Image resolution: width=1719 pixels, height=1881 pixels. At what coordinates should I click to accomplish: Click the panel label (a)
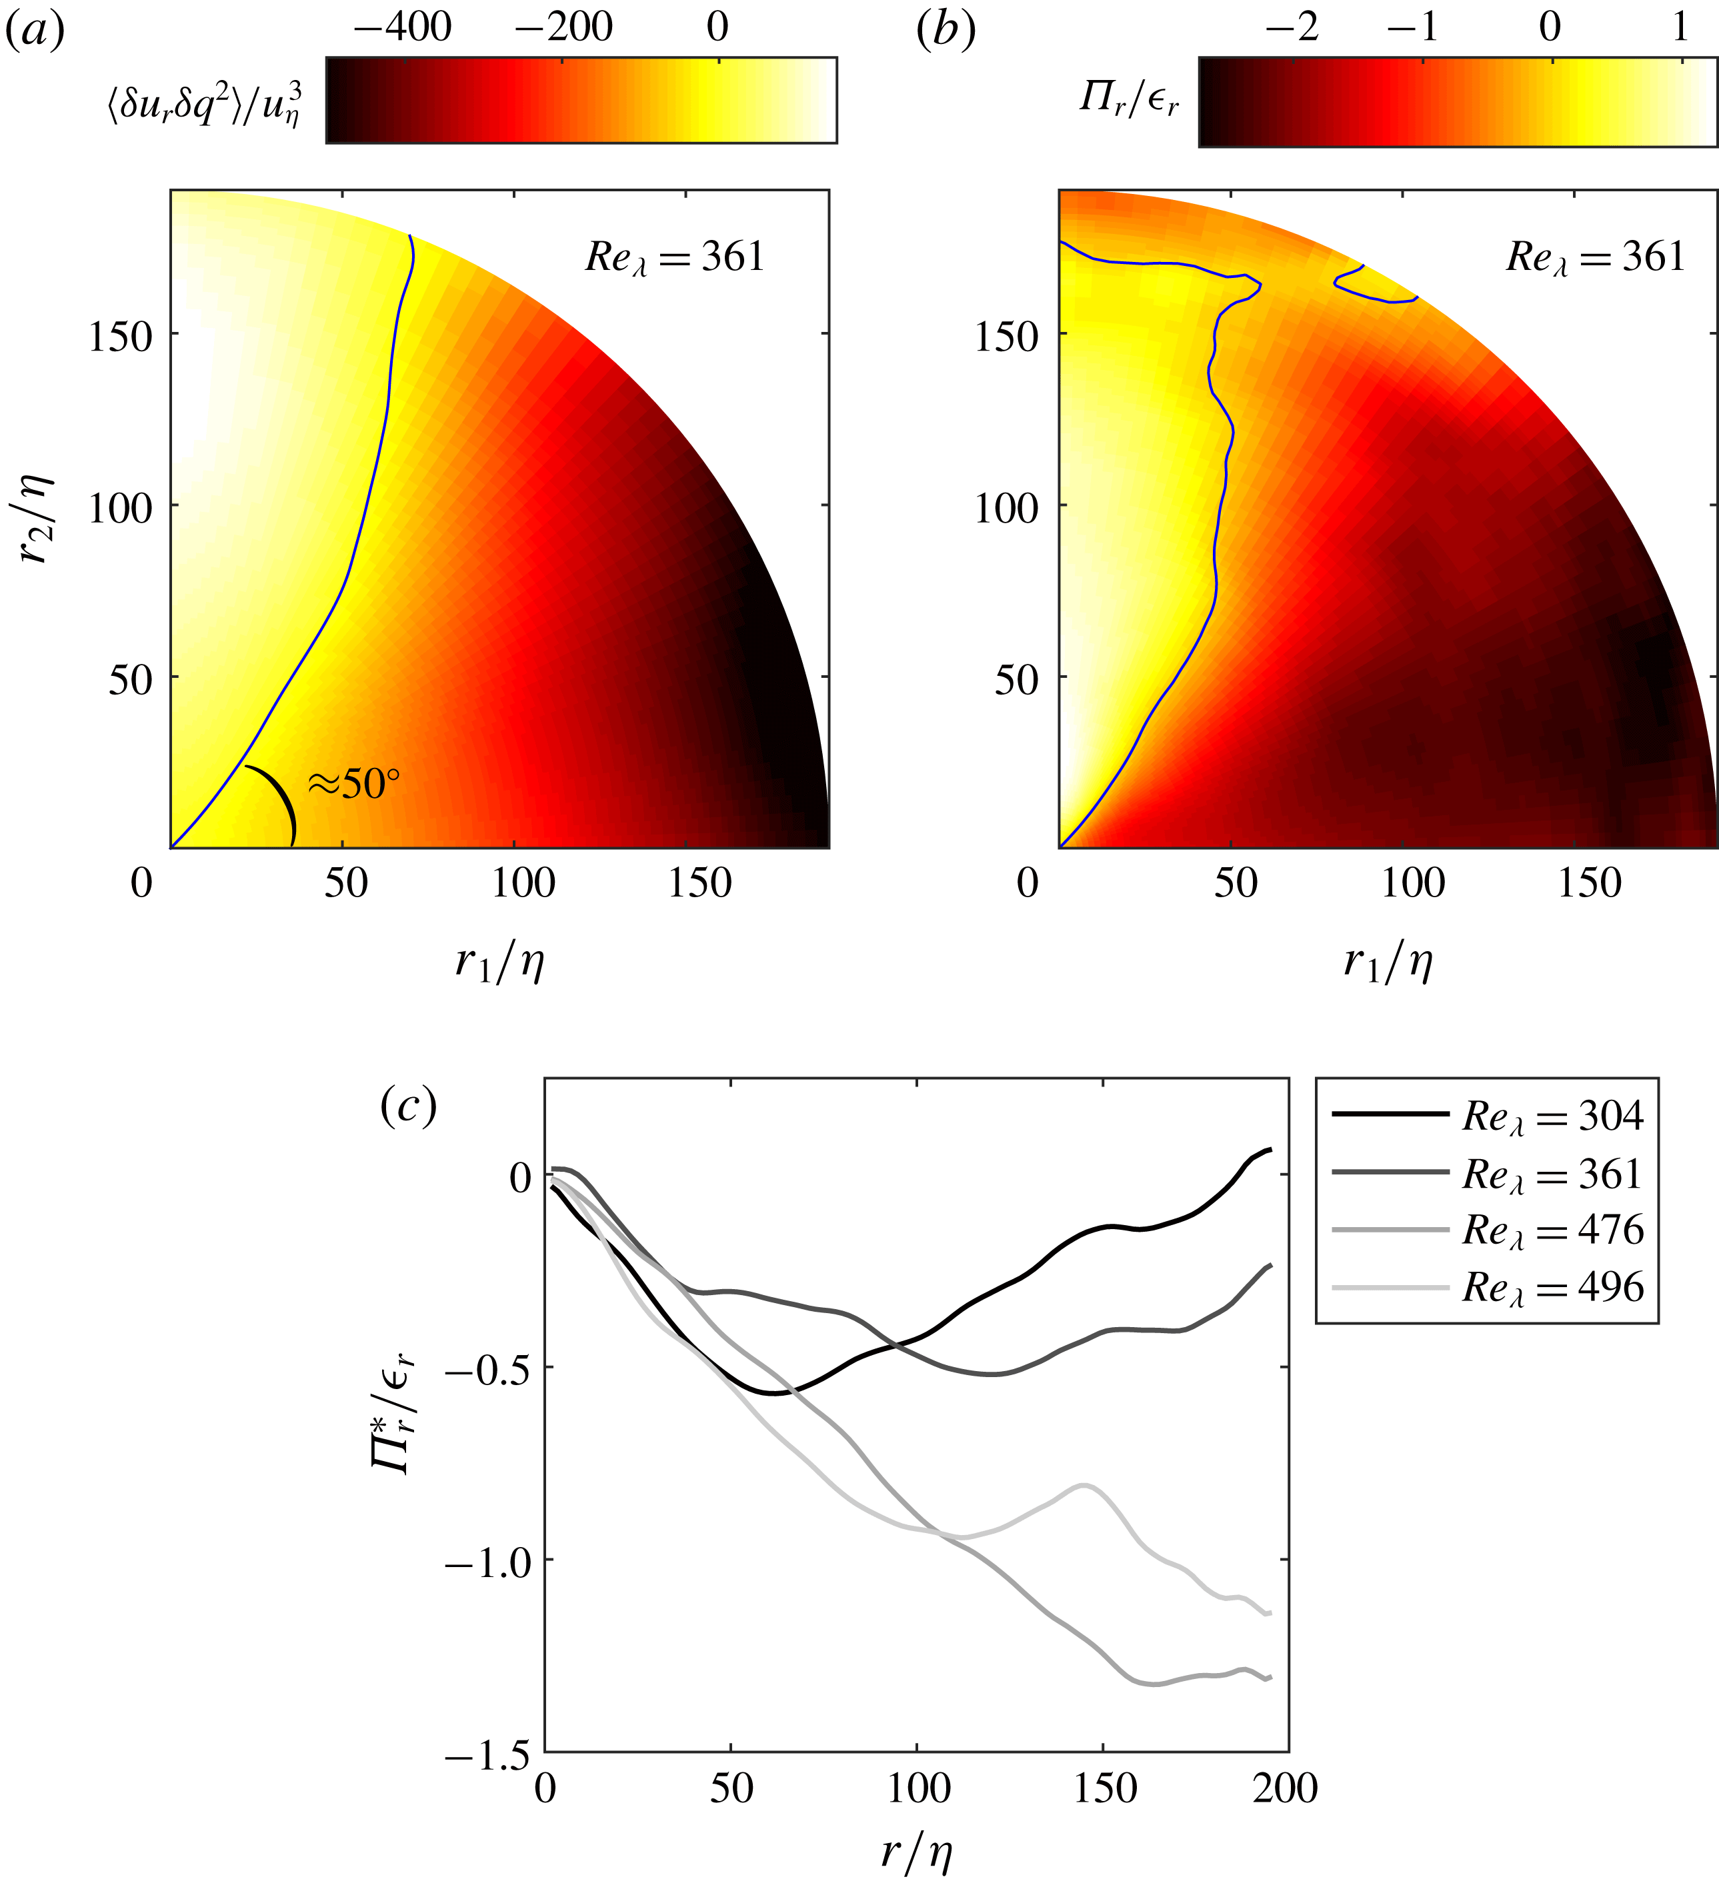pyautogui.click(x=35, y=31)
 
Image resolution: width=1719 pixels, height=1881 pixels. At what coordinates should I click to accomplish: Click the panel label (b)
pyautogui.click(x=946, y=31)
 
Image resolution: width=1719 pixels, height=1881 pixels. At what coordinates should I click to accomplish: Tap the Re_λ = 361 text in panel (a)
pyautogui.click(x=673, y=257)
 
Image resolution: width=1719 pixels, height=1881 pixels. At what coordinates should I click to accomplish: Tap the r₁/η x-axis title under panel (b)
pyautogui.click(x=1388, y=961)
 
